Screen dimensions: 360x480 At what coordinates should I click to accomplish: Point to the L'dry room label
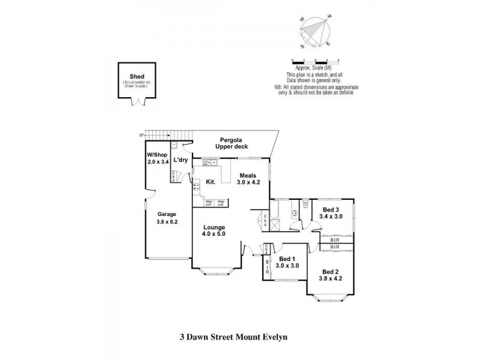[180, 160]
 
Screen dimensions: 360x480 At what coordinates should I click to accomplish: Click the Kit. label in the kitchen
[211, 181]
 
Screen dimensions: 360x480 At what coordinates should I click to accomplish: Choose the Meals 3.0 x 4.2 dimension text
[248, 182]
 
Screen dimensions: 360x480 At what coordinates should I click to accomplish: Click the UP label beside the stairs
[142, 135]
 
